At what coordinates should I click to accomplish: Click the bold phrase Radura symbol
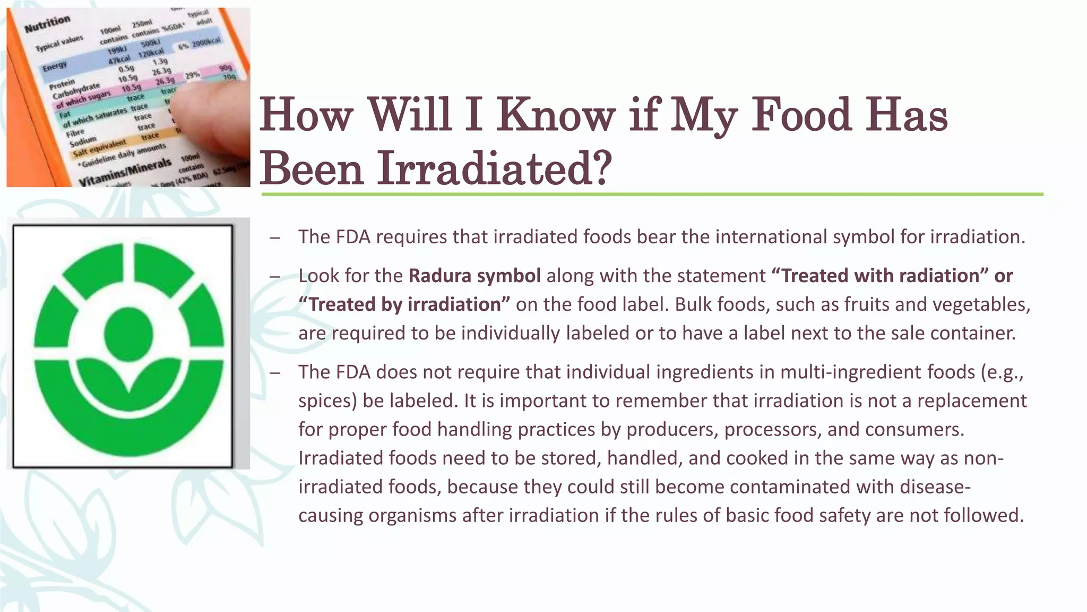(475, 276)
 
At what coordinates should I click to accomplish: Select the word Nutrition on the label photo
(47, 24)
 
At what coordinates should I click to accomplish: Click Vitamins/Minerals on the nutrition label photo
(125, 172)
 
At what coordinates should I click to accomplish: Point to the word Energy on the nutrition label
(55, 66)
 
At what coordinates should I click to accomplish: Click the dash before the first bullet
(274, 237)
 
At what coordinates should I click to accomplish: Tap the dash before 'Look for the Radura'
(274, 277)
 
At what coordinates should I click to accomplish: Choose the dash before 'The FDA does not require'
(274, 373)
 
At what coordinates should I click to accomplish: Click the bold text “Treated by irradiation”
(404, 304)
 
